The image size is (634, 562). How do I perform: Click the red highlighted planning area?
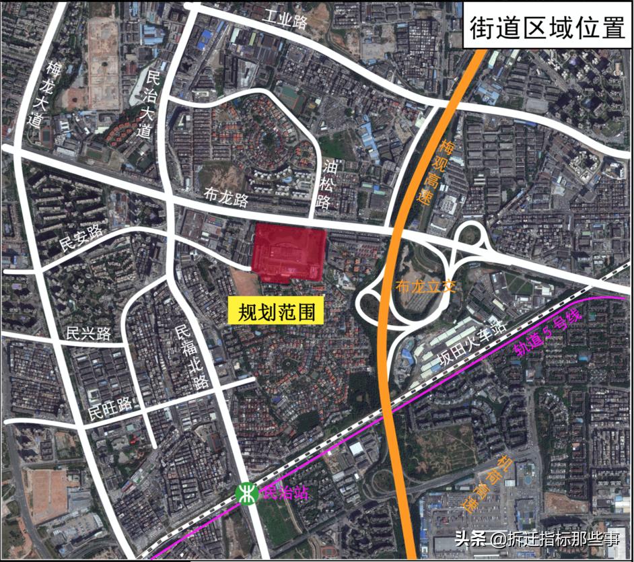pos(289,254)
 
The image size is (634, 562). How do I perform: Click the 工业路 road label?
pos(285,20)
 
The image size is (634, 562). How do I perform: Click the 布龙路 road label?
pos(226,198)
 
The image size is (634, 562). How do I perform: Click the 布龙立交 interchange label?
pos(427,285)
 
